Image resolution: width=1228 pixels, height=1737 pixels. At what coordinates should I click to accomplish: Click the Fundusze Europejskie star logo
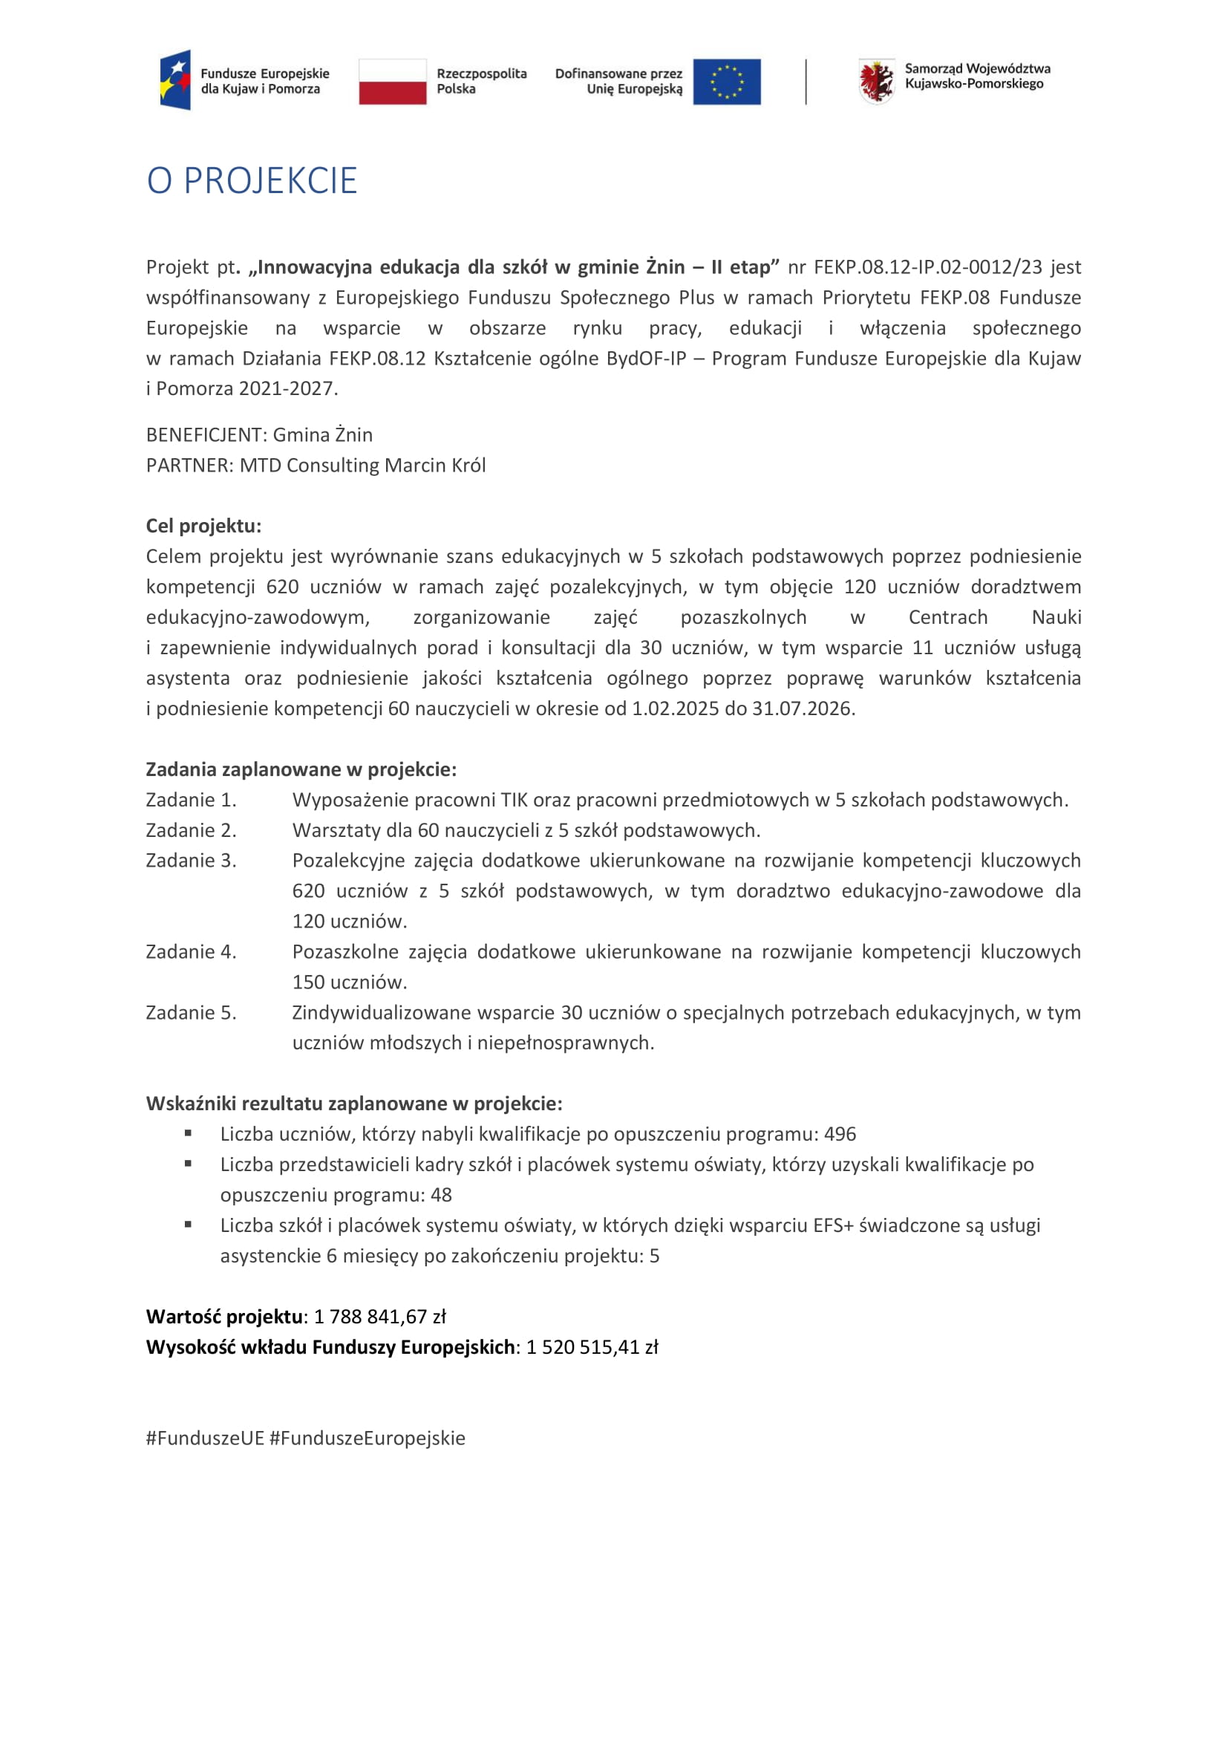click(x=175, y=80)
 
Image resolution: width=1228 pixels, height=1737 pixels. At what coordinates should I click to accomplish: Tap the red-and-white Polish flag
click(x=393, y=81)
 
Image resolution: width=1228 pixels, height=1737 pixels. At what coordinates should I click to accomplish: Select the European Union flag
click(x=727, y=81)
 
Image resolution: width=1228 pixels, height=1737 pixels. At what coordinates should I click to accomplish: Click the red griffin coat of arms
click(x=876, y=81)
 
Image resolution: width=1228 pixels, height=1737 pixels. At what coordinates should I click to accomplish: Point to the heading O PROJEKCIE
click(x=252, y=180)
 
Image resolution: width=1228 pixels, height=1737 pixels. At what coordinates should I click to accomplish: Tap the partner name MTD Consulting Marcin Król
click(x=362, y=466)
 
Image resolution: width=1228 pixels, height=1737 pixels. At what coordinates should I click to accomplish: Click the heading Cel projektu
click(x=203, y=526)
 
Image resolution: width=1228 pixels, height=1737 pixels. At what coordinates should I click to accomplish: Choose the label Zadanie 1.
click(x=192, y=800)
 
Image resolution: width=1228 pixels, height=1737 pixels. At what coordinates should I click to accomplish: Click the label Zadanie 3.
click(x=192, y=861)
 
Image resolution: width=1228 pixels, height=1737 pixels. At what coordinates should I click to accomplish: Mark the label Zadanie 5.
click(x=192, y=1013)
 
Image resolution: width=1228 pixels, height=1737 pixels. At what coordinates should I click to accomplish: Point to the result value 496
click(x=840, y=1134)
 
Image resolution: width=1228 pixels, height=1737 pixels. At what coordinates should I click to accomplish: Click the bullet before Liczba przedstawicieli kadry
click(x=188, y=1164)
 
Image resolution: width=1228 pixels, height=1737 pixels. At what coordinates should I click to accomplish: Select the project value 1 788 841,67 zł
click(x=379, y=1317)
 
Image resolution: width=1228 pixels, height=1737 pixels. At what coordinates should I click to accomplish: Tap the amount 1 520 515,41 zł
click(x=592, y=1347)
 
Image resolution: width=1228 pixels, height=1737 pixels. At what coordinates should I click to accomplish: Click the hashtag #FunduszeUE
click(x=205, y=1438)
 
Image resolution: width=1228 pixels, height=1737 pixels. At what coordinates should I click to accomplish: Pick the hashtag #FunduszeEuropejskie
click(x=368, y=1438)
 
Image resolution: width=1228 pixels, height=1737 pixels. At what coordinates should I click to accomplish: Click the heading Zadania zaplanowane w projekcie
click(x=301, y=769)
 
